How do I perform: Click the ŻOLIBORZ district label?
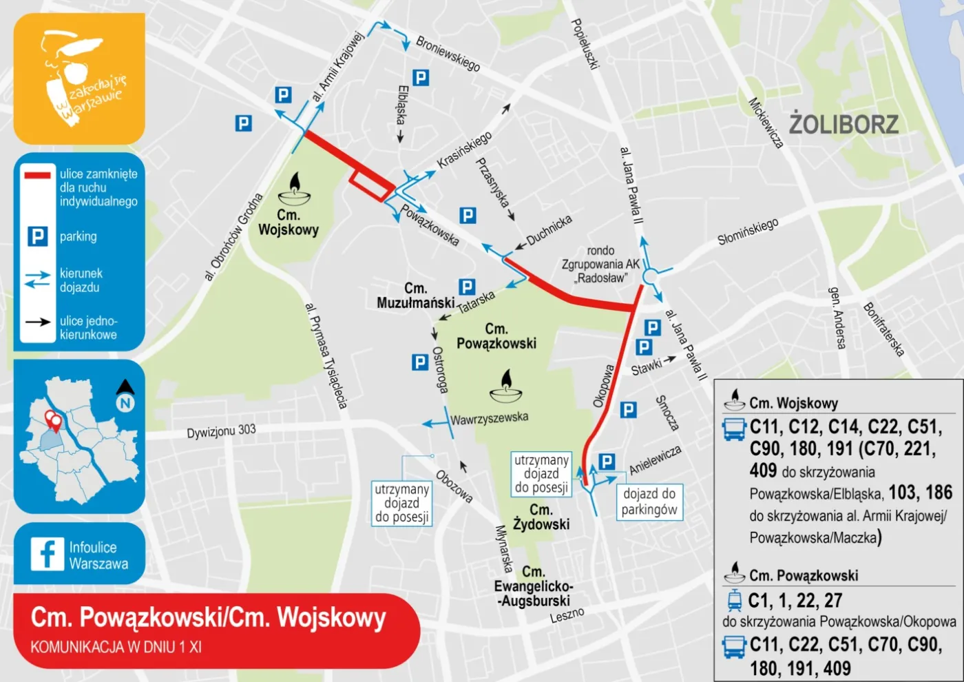tap(843, 125)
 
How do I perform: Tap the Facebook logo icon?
tap(47, 554)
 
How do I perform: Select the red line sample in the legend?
tap(37, 175)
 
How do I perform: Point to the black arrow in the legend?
tap(37, 322)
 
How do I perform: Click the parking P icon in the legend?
tap(37, 237)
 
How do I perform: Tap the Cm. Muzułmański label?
tap(415, 296)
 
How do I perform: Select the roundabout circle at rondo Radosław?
tap(651, 277)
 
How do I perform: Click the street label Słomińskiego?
tap(748, 231)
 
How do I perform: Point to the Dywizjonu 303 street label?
tap(221, 431)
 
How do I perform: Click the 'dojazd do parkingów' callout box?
tap(649, 502)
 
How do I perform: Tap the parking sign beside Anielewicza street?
tap(607, 462)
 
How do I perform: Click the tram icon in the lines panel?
tap(735, 600)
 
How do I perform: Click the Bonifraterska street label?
tap(883, 329)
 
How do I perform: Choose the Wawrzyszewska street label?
tap(489, 418)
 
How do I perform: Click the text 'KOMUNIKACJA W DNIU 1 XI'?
tap(116, 647)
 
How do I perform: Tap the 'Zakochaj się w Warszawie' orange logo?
tap(79, 79)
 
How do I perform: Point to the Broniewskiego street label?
tap(448, 54)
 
